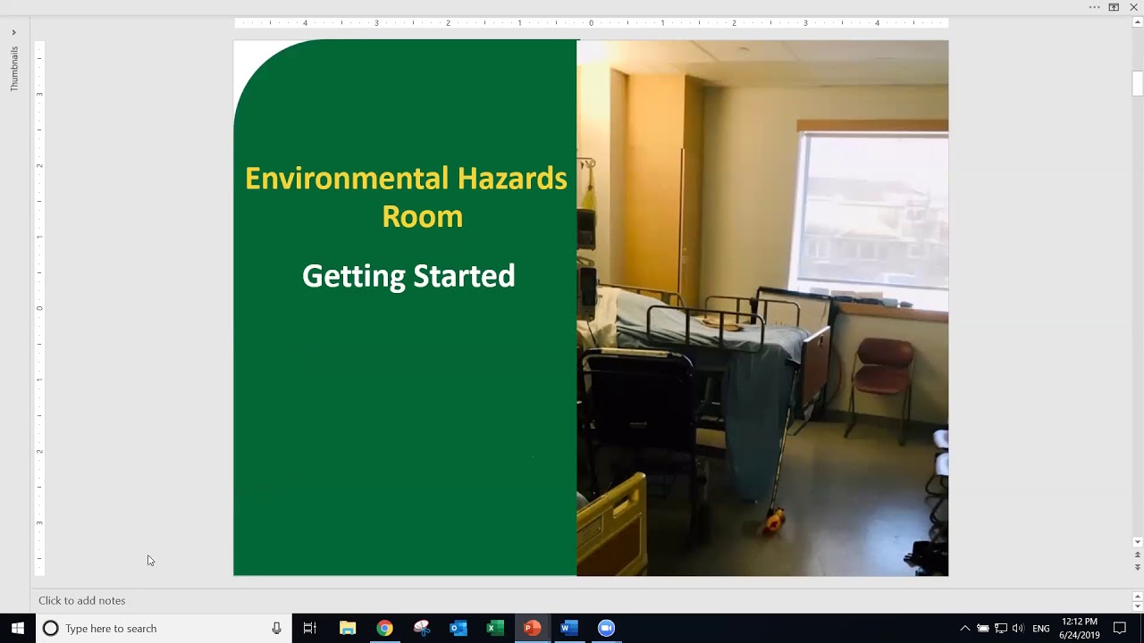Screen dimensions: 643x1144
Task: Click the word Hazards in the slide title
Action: tap(512, 179)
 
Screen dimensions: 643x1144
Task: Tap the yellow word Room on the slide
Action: tap(422, 217)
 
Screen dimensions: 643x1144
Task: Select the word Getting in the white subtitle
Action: tap(352, 276)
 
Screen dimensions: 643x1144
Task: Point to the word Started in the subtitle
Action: tap(464, 276)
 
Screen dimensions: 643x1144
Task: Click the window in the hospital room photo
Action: tap(873, 210)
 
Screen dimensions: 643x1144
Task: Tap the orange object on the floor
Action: tap(774, 520)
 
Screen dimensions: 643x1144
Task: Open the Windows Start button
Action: tap(17, 628)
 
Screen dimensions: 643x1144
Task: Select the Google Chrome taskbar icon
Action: tap(384, 628)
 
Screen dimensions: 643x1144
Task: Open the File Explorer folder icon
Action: tap(348, 628)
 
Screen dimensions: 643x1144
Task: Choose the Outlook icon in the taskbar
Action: tap(458, 628)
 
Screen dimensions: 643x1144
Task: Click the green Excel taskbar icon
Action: tap(495, 628)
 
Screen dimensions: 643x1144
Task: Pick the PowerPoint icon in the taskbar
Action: tap(532, 628)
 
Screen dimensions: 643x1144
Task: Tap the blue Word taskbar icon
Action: tap(568, 628)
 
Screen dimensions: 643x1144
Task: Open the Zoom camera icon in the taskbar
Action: tap(606, 628)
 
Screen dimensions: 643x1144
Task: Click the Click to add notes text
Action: tap(82, 600)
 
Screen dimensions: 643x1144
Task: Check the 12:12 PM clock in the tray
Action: tap(1080, 622)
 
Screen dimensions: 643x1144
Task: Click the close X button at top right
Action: tap(1133, 7)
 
